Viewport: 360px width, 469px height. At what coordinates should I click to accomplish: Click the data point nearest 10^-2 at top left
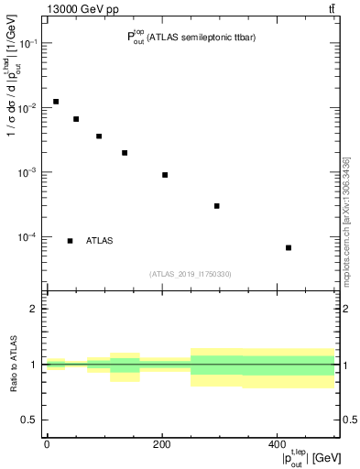tap(56, 102)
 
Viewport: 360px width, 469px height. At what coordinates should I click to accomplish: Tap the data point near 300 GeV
tap(217, 206)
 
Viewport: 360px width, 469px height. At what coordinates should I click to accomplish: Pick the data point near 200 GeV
tap(165, 175)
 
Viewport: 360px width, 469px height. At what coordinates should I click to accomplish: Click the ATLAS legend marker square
tap(70, 241)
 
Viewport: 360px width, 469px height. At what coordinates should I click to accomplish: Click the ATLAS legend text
tap(100, 241)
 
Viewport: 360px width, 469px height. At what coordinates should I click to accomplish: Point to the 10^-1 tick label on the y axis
tap(27, 44)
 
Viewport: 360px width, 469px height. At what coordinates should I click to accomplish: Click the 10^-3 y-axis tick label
tap(27, 172)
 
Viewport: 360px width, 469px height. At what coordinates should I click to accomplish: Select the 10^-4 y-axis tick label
tap(27, 237)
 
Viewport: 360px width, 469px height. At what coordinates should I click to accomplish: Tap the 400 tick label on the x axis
tap(277, 444)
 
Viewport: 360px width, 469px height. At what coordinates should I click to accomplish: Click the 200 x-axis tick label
tap(162, 444)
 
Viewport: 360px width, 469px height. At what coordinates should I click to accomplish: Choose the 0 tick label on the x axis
tap(47, 444)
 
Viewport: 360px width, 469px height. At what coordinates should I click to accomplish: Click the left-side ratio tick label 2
tap(32, 309)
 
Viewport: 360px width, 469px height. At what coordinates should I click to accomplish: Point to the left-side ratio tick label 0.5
tap(28, 420)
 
